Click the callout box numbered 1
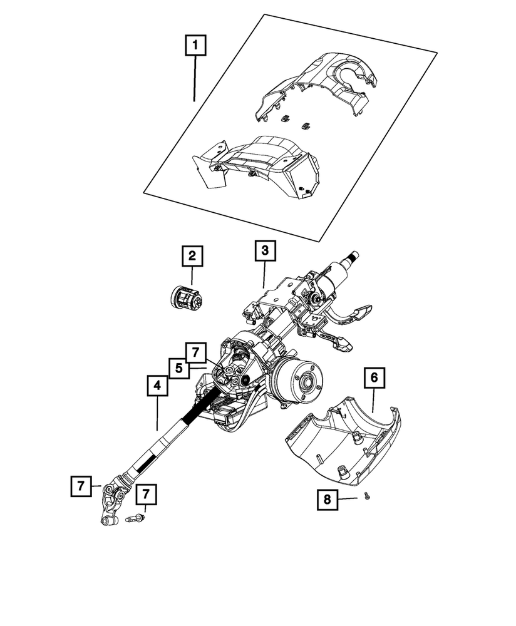pyautogui.click(x=195, y=45)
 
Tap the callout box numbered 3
pyautogui.click(x=264, y=250)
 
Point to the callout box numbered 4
pyautogui.click(x=158, y=386)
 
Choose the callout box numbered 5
pyautogui.click(x=178, y=368)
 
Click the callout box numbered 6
pyautogui.click(x=374, y=377)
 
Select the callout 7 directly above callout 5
pyautogui.click(x=195, y=352)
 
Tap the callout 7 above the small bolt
pyautogui.click(x=146, y=495)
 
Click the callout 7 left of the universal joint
pyautogui.click(x=81, y=485)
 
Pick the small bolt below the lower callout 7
pyautogui.click(x=134, y=518)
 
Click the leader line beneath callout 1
pyautogui.click(x=195, y=78)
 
